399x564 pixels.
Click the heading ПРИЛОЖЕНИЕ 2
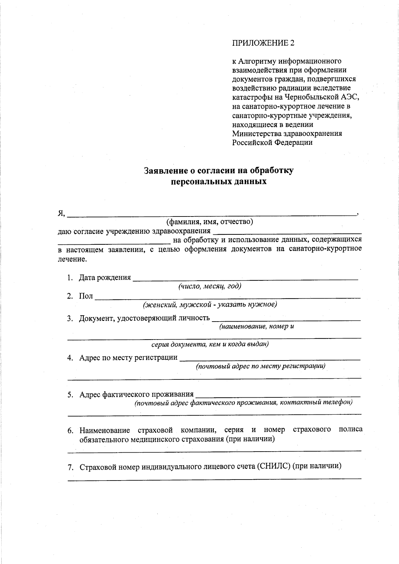(263, 43)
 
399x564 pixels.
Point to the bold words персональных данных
(218, 182)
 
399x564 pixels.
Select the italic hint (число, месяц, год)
(209, 286)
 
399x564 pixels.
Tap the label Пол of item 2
(86, 296)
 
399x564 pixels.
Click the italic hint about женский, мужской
(210, 304)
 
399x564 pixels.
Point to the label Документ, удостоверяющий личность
(144, 318)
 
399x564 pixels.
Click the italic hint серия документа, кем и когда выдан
(210, 344)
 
